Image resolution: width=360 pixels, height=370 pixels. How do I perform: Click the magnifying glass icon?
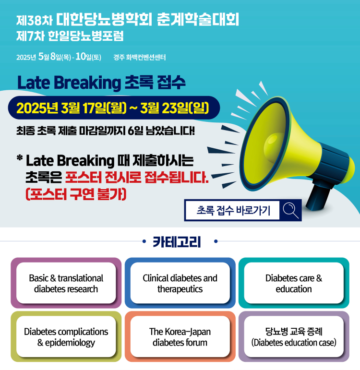290,210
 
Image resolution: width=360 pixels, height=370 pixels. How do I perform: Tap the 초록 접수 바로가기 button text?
233,210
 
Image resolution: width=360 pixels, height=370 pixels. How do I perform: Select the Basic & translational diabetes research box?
66,283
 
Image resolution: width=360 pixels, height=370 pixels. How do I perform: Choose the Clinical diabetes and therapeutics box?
180,283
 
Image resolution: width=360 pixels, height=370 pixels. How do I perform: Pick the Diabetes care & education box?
294,283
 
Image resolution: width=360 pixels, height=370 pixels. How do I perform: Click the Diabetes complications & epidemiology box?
66,336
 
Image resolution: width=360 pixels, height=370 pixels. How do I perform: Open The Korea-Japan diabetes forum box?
180,336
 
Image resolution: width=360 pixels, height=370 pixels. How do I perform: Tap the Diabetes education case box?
294,336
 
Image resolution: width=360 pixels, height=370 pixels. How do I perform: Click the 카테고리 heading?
177,241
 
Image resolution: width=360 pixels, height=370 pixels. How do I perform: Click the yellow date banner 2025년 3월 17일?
113,108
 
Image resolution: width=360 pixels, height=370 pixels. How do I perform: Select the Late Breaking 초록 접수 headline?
101,83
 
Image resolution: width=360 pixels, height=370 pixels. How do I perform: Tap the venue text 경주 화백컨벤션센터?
140,57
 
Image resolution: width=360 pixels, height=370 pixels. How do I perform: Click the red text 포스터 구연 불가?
76,194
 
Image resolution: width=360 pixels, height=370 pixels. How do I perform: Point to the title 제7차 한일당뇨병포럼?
70,36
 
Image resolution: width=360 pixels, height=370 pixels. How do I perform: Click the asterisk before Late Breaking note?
20,157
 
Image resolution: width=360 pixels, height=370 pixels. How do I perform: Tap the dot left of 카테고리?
144,241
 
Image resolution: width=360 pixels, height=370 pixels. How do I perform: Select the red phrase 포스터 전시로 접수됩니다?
137,177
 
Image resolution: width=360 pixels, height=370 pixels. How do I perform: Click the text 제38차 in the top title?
35,21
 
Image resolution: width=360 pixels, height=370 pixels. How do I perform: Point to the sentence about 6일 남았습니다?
106,131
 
